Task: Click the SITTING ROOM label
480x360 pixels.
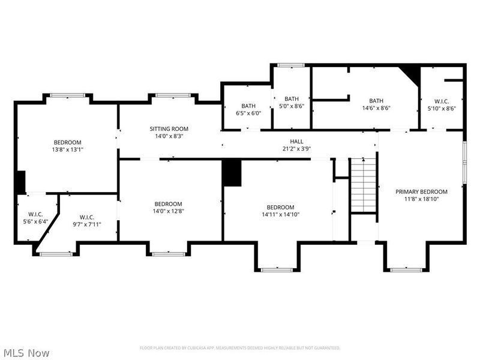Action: click(x=169, y=128)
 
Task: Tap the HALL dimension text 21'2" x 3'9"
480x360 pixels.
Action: click(x=296, y=149)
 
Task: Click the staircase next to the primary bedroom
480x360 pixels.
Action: click(x=363, y=185)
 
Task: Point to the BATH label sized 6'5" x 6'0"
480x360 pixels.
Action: click(x=248, y=106)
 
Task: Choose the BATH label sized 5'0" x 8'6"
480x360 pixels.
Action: click(x=292, y=99)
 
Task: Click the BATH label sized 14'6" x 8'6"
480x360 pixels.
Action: click(x=376, y=101)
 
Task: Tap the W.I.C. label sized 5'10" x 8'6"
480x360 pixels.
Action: click(x=441, y=101)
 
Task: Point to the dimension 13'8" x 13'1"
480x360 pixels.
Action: click(x=67, y=149)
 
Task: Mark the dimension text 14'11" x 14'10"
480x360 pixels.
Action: click(x=280, y=214)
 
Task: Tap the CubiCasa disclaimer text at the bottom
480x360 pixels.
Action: click(x=240, y=347)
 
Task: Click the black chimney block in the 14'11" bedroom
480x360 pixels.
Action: click(x=232, y=173)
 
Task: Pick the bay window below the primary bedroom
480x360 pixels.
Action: click(x=406, y=270)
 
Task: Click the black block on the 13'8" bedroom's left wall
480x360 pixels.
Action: click(x=20, y=181)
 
